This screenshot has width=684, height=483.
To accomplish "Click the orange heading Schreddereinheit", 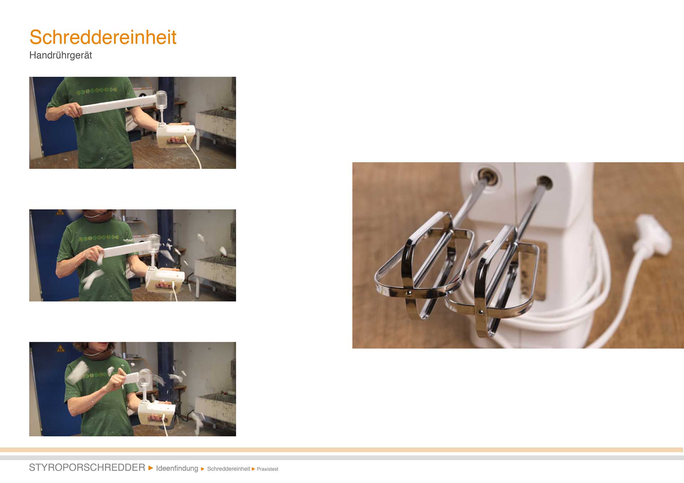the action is coord(103,37).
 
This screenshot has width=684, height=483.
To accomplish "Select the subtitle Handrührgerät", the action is coord(61,55).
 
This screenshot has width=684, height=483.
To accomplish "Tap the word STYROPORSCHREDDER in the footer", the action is coord(87,467).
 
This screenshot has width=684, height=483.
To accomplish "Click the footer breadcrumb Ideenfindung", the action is coord(177,468).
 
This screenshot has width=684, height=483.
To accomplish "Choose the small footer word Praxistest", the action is coord(268,469).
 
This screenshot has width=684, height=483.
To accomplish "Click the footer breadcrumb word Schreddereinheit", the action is coord(228,469).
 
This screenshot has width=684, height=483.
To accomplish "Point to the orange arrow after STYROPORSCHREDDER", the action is coord(151,468).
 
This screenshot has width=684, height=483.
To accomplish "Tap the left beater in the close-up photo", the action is coord(424,263).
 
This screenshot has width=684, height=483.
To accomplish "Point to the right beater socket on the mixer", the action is coord(544,182).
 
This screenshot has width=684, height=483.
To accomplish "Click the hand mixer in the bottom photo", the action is coord(157,413).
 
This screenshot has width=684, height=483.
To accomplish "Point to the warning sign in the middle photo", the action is coord(60,212).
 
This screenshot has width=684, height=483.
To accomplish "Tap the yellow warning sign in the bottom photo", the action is coord(61,347).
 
